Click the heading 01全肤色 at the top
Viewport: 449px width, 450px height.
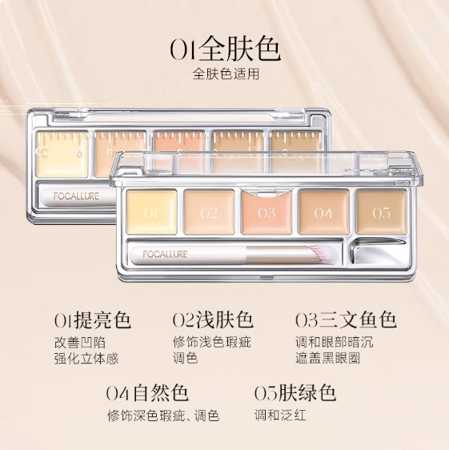pyautogui.click(x=224, y=50)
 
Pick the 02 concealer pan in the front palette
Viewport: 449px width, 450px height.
pyautogui.click(x=208, y=212)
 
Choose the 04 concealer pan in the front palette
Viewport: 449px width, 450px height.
pyautogui.click(x=323, y=212)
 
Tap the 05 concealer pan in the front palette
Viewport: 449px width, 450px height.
pyautogui.click(x=380, y=211)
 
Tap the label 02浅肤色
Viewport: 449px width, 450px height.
pyautogui.click(x=213, y=321)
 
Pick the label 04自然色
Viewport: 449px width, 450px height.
pyautogui.click(x=146, y=393)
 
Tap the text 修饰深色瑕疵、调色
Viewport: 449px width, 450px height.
pyautogui.click(x=162, y=416)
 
